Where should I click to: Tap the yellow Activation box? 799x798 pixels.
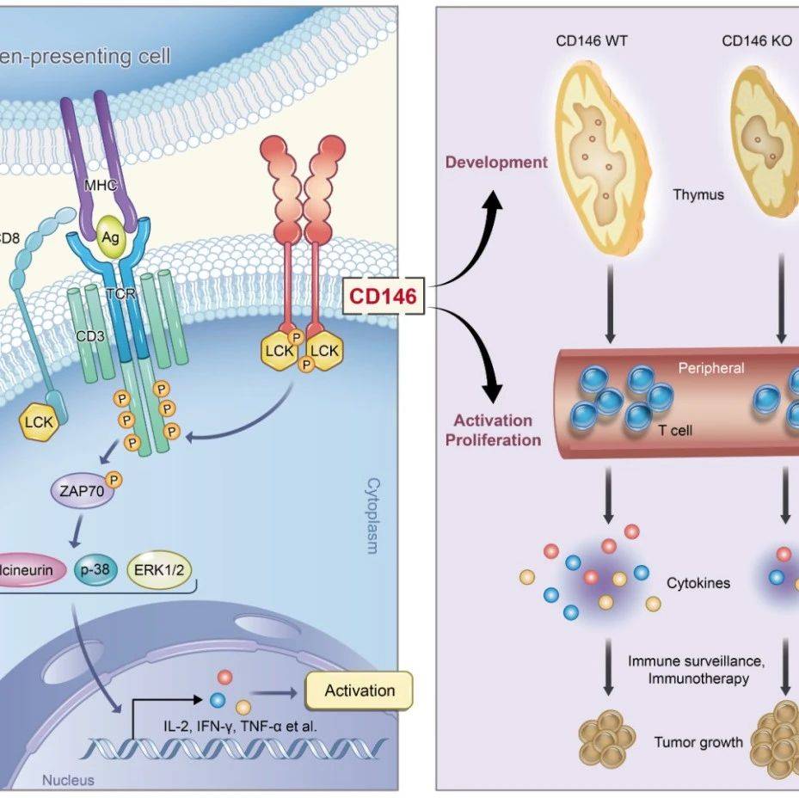click(x=360, y=691)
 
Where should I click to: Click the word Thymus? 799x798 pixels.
click(x=698, y=194)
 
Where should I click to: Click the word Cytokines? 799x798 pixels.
click(x=698, y=583)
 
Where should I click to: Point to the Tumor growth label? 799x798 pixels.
click(x=698, y=741)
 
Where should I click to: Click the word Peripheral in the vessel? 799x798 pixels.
click(x=710, y=368)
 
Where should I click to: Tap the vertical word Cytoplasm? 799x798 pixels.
click(x=372, y=516)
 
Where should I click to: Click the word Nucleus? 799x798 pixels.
click(x=68, y=781)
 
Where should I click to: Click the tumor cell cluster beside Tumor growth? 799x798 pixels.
click(x=610, y=738)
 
